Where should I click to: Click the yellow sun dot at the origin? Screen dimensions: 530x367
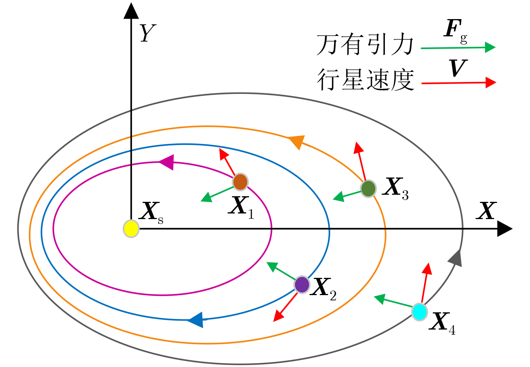(131, 229)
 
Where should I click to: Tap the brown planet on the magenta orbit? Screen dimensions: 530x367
(241, 182)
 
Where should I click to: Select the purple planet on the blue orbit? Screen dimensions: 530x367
(302, 285)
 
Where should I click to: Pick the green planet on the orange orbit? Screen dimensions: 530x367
(368, 189)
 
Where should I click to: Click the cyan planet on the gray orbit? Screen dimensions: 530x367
(420, 312)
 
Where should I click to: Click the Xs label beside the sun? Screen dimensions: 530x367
(151, 213)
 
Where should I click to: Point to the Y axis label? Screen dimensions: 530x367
(148, 33)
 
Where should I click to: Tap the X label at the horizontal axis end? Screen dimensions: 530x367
(486, 210)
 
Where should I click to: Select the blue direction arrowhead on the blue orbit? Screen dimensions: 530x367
(196, 320)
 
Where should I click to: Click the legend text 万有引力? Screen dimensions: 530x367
(365, 44)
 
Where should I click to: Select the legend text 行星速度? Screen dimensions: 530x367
(365, 80)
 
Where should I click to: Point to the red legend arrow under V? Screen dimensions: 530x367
(459, 83)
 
